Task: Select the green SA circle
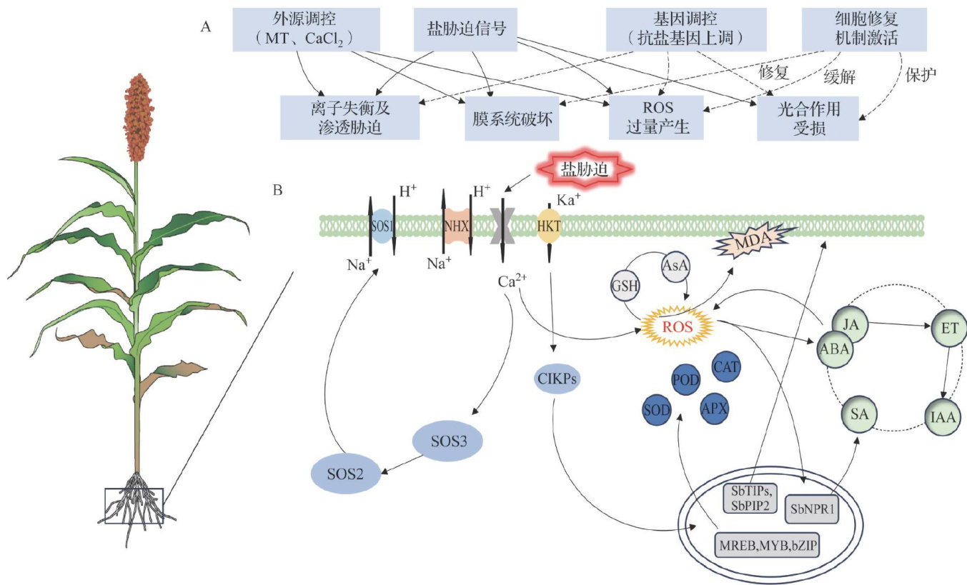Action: [858, 413]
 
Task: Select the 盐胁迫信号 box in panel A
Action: [465, 29]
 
